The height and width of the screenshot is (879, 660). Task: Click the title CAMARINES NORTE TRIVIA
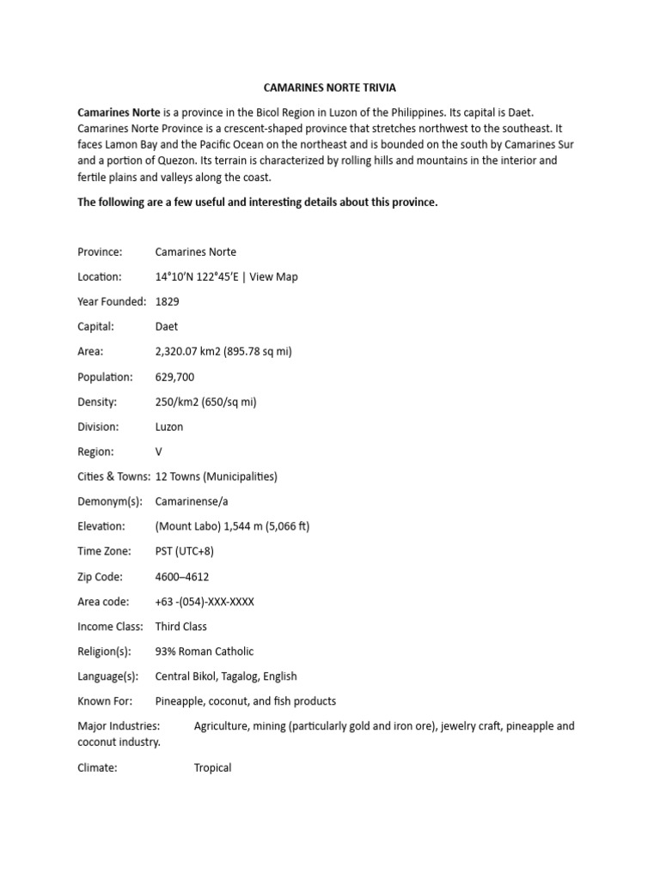(329, 88)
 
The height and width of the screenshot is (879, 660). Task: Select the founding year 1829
(168, 302)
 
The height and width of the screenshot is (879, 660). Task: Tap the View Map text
(274, 277)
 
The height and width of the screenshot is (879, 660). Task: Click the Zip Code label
(100, 577)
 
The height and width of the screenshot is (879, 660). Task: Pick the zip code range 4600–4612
(182, 577)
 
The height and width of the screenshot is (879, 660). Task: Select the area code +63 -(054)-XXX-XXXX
(205, 602)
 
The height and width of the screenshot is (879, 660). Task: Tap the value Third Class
(181, 627)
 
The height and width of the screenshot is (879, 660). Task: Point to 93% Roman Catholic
(205, 652)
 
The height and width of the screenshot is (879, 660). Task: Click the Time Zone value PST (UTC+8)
(185, 551)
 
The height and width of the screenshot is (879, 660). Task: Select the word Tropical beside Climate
(213, 768)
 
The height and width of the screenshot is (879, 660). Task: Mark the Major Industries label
(119, 726)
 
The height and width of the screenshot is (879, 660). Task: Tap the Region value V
(159, 452)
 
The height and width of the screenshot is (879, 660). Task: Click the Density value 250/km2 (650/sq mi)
(206, 402)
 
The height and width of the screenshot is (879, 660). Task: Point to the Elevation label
(101, 526)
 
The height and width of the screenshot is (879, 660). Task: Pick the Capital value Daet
(167, 327)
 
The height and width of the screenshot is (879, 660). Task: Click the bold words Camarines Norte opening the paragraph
(119, 112)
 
